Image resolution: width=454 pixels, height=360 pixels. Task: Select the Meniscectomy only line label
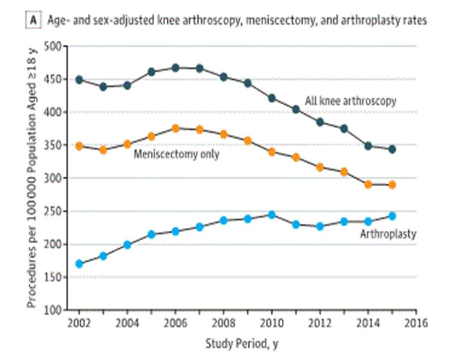(x=177, y=154)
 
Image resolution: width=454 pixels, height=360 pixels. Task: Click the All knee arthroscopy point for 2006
(x=175, y=68)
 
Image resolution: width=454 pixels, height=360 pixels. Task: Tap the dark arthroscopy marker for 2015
(x=392, y=149)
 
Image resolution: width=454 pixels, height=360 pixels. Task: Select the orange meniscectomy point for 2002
(x=79, y=146)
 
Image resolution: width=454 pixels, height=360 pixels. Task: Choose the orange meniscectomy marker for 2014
(x=368, y=184)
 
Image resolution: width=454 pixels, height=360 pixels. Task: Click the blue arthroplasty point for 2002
(x=79, y=264)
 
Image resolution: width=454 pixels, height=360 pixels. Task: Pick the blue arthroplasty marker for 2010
(x=271, y=215)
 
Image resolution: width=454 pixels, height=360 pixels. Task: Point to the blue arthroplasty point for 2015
(x=392, y=216)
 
